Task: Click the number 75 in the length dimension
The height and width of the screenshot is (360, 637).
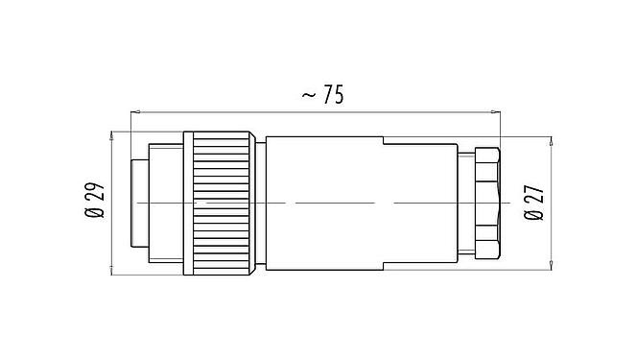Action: pyautogui.click(x=332, y=95)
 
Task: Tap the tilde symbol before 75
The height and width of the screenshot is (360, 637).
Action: pyautogui.click(x=309, y=95)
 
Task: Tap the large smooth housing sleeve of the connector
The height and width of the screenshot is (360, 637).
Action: pyautogui.click(x=326, y=204)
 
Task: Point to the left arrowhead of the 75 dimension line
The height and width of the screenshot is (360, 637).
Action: pyautogui.click(x=135, y=110)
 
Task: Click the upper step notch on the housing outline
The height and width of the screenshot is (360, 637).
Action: pyautogui.click(x=384, y=143)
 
